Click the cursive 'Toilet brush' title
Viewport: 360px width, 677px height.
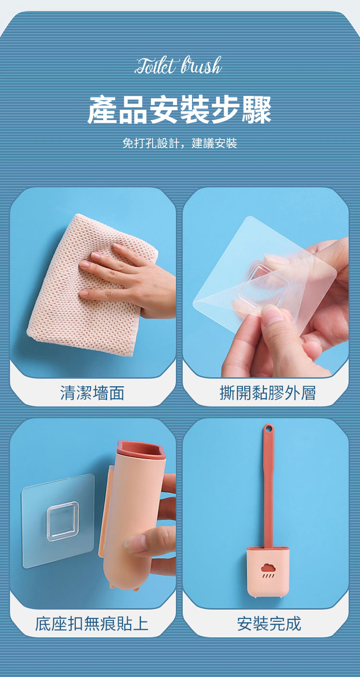[x=179, y=66]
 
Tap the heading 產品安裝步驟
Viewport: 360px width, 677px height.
[x=180, y=110]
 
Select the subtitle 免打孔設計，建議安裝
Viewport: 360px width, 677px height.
[x=180, y=143]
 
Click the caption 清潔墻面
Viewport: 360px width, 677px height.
[x=93, y=392]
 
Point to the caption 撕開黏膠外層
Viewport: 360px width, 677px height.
[x=267, y=392]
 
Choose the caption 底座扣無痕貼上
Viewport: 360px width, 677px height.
[x=92, y=624]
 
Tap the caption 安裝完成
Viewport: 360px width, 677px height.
[x=269, y=624]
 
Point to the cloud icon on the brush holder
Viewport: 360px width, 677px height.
[x=268, y=568]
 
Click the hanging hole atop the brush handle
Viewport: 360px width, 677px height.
[x=268, y=428]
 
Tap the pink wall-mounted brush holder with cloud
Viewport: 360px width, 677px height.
[x=268, y=571]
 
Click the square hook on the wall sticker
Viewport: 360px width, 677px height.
[x=62, y=521]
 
